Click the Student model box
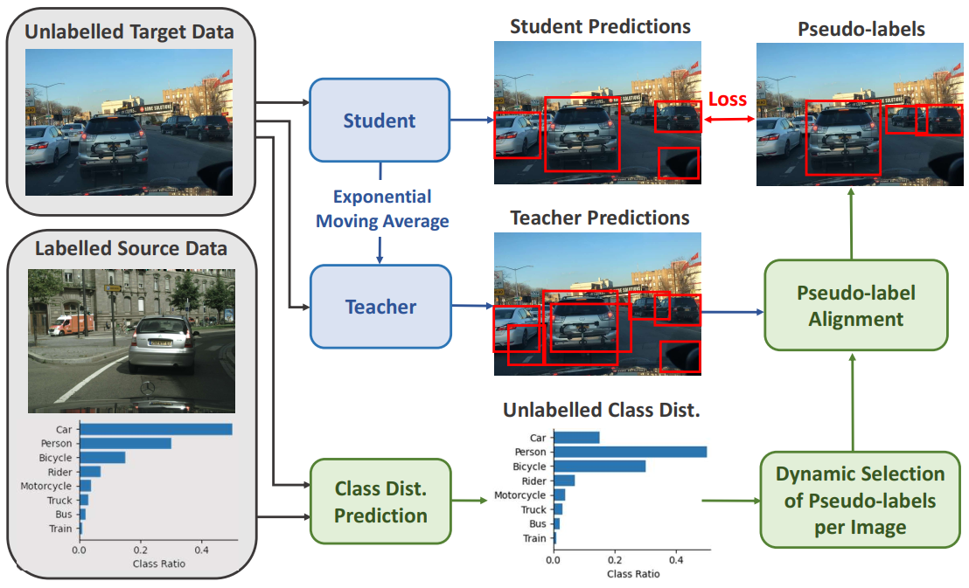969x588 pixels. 380,120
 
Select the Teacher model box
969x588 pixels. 380,307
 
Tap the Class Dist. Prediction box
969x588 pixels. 380,502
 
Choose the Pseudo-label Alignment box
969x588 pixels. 856,305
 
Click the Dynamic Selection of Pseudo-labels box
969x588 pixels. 860,501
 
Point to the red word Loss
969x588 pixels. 728,99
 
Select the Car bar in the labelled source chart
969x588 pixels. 156,429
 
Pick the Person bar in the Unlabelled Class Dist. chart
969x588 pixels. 630,452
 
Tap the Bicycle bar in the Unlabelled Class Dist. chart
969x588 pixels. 599,467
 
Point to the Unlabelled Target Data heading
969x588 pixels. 129,33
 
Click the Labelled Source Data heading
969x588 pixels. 130,248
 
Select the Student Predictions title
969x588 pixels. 600,27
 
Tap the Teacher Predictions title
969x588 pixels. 600,218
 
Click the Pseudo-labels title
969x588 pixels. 861,30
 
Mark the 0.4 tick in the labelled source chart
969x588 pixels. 202,551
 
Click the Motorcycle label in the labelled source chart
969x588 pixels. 49,486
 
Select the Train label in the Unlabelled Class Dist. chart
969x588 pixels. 535,538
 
